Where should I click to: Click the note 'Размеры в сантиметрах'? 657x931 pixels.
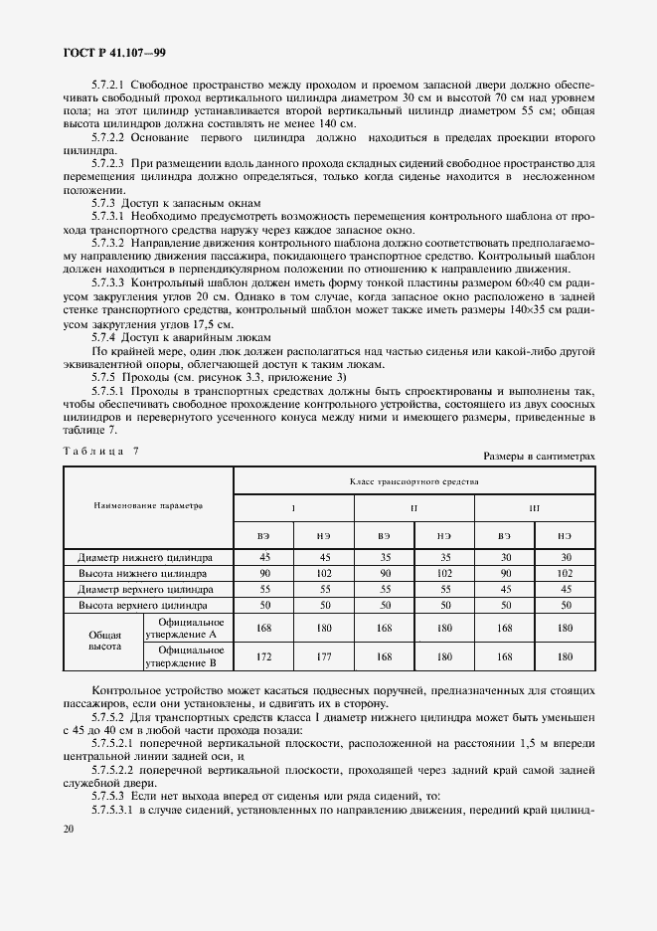(x=539, y=455)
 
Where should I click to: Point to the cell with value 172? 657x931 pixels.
(x=262, y=657)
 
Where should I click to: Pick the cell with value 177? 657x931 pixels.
(x=323, y=657)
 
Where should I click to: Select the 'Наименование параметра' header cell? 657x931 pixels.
(x=147, y=505)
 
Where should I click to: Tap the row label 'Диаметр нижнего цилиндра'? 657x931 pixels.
(x=148, y=558)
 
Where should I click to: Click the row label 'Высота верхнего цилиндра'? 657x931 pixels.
(x=148, y=604)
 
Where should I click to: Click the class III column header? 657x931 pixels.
(x=534, y=508)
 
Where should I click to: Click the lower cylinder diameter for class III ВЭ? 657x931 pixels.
(x=504, y=558)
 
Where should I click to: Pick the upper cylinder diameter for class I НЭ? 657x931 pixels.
(x=323, y=589)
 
